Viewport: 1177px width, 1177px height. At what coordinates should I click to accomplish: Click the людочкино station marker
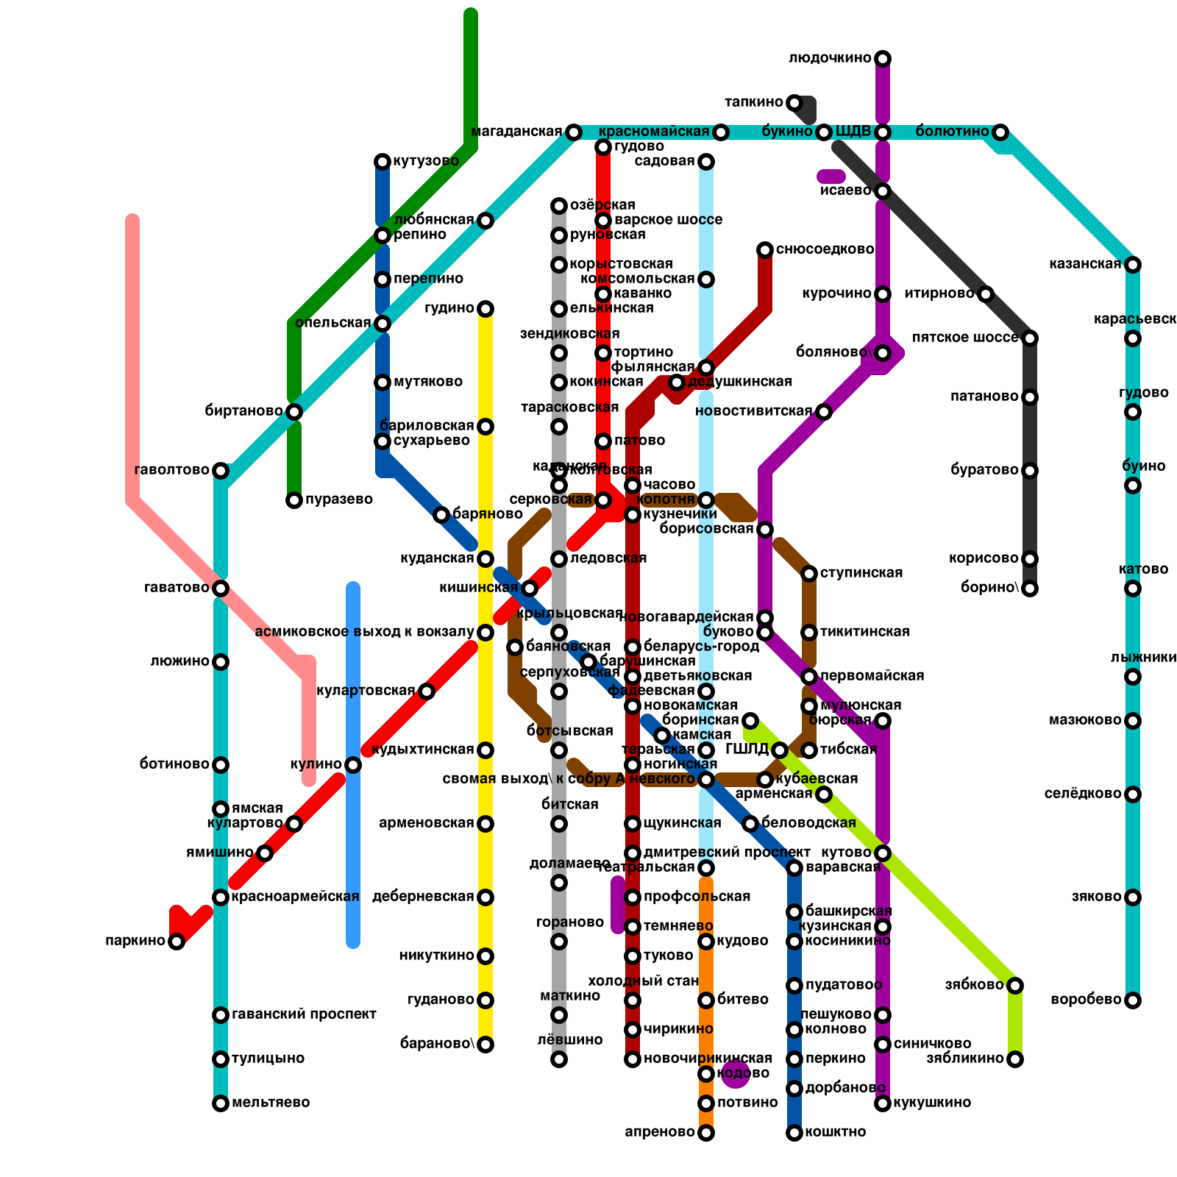point(883,59)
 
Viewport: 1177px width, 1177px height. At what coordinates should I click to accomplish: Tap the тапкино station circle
point(794,103)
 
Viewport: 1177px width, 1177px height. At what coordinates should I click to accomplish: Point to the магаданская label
point(516,132)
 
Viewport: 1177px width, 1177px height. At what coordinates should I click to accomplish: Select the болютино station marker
point(1000,132)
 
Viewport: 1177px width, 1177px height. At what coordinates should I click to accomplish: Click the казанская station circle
point(1133,265)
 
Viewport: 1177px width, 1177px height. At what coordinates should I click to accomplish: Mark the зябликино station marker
point(1015,1059)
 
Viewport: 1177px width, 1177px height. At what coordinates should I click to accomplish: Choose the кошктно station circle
point(794,1133)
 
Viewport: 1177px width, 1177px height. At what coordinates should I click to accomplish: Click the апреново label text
point(659,1132)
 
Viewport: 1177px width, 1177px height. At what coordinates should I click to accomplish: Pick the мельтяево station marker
point(221,1103)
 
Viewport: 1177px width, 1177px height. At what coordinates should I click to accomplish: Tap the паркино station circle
point(177,942)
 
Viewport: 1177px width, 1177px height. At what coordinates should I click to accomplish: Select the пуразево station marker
point(294,500)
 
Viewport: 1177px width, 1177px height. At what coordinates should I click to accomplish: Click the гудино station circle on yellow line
point(486,309)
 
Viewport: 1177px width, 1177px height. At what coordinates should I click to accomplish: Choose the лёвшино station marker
point(559,1059)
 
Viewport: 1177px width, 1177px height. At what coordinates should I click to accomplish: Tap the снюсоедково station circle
point(765,250)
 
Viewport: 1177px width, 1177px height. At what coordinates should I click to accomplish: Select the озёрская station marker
point(559,206)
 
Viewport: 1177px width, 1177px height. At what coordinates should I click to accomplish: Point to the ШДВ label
point(853,132)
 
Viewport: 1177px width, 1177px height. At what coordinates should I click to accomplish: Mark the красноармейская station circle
point(221,897)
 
